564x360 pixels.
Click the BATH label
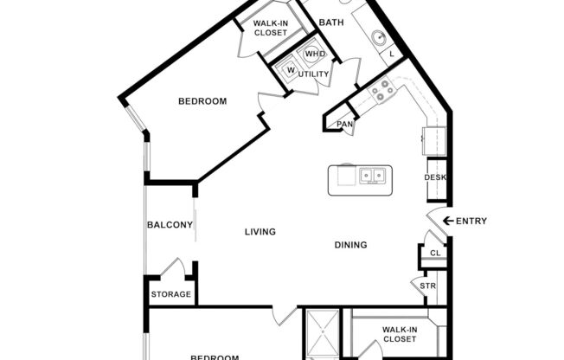[332, 22]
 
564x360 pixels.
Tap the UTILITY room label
[313, 74]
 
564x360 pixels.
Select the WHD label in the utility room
[314, 54]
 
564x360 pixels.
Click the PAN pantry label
[345, 125]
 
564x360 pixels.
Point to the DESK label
[434, 177]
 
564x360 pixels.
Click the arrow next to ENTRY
[447, 221]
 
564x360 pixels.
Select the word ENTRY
[471, 221]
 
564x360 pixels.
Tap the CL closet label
[434, 254]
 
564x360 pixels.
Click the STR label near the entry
[427, 286]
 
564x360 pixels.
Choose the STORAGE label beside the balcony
[170, 294]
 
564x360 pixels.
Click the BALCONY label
[170, 225]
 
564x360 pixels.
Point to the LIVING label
[260, 232]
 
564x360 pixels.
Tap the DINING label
[350, 245]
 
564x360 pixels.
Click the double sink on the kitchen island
[373, 177]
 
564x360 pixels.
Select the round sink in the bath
[378, 38]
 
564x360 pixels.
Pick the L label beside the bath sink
[392, 55]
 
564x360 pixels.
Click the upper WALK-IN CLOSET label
[270, 29]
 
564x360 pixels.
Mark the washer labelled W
[291, 70]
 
